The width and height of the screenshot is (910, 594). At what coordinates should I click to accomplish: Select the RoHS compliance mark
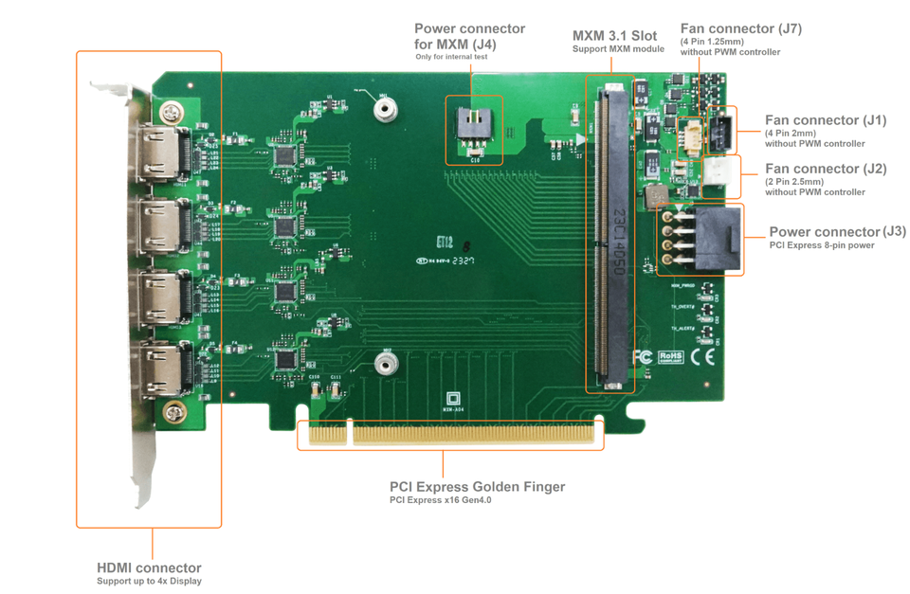pyautogui.click(x=671, y=358)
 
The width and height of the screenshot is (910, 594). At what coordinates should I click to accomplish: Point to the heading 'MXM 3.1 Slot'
pyautogui.click(x=614, y=36)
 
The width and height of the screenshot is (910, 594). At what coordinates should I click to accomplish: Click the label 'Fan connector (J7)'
pyautogui.click(x=740, y=28)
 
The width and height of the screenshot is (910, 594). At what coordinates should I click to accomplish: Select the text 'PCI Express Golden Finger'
pyautogui.click(x=477, y=487)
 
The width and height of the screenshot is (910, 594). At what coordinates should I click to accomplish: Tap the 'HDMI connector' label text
pyautogui.click(x=149, y=567)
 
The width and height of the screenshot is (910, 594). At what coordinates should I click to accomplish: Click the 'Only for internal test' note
pyautogui.click(x=451, y=57)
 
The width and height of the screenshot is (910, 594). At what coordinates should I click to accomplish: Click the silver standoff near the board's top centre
pyautogui.click(x=384, y=109)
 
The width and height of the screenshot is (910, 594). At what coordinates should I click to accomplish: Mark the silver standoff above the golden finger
pyautogui.click(x=384, y=364)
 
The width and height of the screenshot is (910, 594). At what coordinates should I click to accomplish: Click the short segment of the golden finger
pyautogui.click(x=325, y=434)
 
